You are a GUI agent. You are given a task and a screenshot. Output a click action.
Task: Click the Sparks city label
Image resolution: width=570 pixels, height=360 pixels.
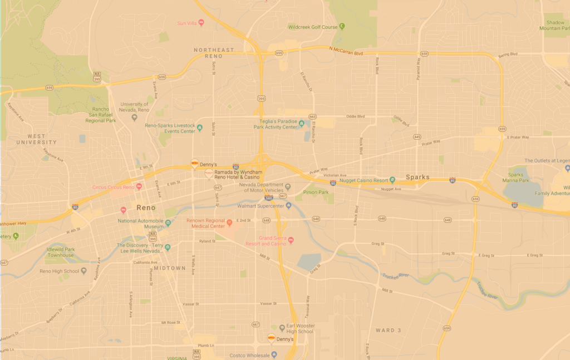(x=417, y=177)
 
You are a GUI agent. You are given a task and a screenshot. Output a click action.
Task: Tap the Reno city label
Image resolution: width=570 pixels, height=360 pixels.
(x=146, y=208)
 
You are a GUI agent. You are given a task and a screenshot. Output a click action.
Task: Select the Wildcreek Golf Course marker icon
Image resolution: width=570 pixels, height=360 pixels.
(x=342, y=26)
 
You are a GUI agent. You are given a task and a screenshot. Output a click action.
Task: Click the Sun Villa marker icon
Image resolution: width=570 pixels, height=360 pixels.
(x=201, y=23)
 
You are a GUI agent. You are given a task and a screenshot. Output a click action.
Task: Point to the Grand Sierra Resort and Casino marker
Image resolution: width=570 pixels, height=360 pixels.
(x=291, y=240)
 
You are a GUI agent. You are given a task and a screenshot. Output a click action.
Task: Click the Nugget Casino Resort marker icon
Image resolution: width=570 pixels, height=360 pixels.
(x=392, y=180)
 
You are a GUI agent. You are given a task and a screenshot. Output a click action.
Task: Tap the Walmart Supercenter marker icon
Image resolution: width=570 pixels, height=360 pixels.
(x=288, y=205)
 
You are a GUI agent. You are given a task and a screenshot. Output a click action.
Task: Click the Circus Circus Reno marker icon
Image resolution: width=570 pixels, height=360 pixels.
(x=139, y=186)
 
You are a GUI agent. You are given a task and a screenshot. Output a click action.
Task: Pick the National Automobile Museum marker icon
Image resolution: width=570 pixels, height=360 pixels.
(x=168, y=223)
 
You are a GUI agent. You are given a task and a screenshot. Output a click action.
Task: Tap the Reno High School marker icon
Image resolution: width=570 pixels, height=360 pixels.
(x=83, y=271)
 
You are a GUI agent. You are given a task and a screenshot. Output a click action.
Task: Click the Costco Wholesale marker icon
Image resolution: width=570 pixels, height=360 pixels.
(x=274, y=355)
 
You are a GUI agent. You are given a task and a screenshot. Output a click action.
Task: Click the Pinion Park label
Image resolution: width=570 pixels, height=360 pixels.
(x=316, y=193)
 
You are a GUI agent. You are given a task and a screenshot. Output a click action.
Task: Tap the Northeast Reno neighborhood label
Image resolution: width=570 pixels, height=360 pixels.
(x=214, y=53)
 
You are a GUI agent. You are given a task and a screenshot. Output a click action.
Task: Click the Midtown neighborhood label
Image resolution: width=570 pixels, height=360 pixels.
(x=169, y=268)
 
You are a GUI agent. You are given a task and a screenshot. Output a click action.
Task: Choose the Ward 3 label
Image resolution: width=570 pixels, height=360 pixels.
(x=388, y=331)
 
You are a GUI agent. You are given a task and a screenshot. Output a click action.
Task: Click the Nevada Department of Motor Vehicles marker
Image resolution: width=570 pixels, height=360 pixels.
(x=288, y=186)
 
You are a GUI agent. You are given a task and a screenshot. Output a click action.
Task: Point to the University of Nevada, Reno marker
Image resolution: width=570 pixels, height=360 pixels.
(x=134, y=117)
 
